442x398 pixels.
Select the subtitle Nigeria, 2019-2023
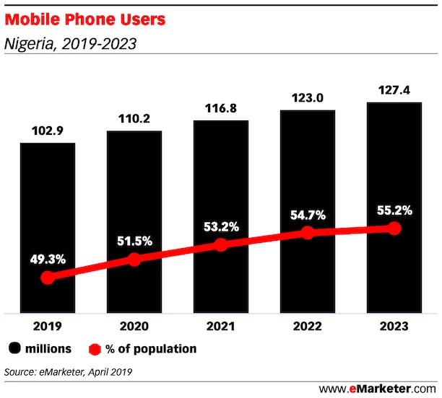[x=70, y=45]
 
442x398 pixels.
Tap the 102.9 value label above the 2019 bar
[x=47, y=133]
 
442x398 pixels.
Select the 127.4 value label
[x=394, y=92]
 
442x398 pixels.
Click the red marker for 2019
[x=48, y=278]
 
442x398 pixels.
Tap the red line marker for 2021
[x=221, y=244]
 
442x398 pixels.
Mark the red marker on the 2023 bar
[x=394, y=228]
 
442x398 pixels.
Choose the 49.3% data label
[x=48, y=256]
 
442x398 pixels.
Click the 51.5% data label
[x=134, y=239]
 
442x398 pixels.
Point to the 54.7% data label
[x=308, y=215]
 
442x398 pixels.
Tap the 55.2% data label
[x=394, y=211]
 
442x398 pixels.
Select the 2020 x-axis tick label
[x=134, y=325]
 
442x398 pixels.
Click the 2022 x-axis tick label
[x=308, y=325]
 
